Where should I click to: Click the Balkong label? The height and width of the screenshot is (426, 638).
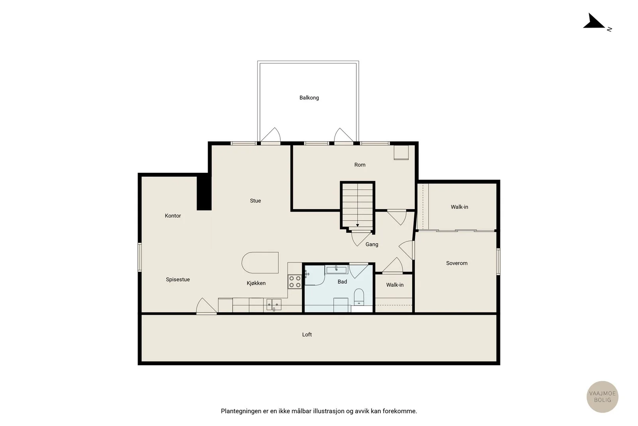click(309, 98)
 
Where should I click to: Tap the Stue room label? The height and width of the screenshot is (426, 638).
click(255, 201)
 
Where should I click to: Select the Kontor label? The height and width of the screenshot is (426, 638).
click(173, 216)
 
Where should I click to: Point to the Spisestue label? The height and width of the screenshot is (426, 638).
click(178, 280)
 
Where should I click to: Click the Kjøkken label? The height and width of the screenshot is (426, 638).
click(256, 283)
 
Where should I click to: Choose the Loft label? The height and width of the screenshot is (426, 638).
click(307, 335)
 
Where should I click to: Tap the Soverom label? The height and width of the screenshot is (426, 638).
click(457, 263)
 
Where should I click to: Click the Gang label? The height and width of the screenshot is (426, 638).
click(372, 244)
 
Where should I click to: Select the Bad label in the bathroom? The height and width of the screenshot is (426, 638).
click(342, 282)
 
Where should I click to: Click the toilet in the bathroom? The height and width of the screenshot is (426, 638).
click(359, 297)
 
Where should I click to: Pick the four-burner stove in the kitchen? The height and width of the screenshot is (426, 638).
click(295, 281)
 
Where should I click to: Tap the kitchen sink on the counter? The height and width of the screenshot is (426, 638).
click(274, 305)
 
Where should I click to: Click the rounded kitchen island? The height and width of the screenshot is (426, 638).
click(260, 263)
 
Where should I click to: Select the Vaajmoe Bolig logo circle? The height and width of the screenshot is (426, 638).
click(603, 396)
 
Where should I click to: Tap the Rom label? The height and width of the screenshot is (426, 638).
click(360, 165)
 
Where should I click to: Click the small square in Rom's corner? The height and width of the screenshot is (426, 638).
click(401, 153)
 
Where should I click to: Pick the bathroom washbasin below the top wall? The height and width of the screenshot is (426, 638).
click(337, 269)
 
